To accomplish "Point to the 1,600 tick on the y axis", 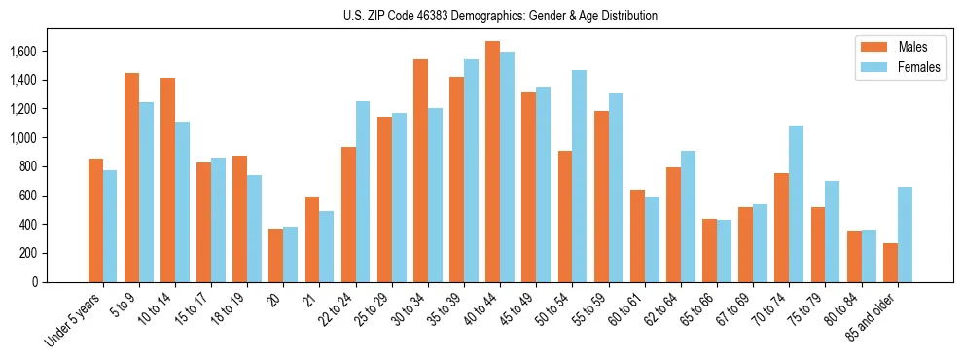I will click(23, 51).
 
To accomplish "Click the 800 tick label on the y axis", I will click(29, 166).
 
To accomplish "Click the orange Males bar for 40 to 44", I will click(492, 162).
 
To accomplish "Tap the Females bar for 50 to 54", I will click(579, 176).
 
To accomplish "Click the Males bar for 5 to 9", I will click(131, 177).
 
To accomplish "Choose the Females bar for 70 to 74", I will click(796, 203).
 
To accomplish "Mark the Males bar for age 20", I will click(275, 255).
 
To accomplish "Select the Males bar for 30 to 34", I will click(420, 170).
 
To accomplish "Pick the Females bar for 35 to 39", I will click(471, 170).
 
